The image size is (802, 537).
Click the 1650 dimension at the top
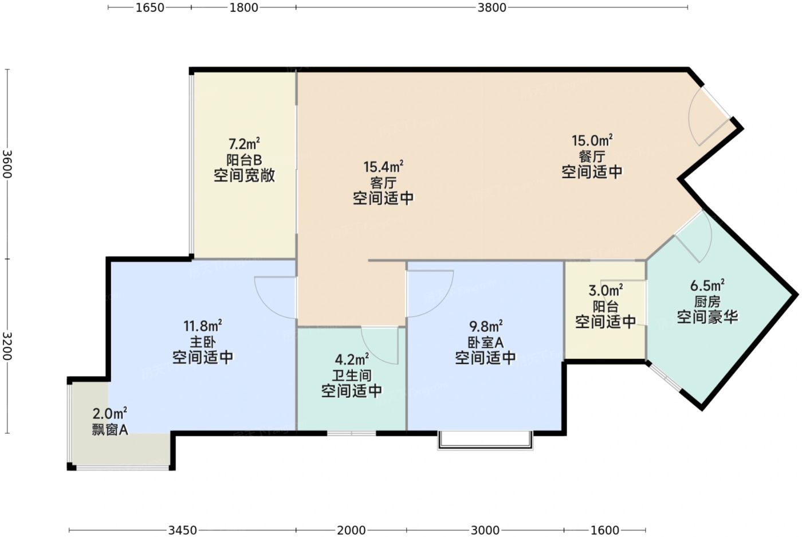pyautogui.click(x=150, y=7)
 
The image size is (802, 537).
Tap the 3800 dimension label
pyautogui.click(x=492, y=7)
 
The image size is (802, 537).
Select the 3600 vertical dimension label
pyautogui.click(x=7, y=164)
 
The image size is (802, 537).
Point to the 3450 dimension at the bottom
pyautogui.click(x=183, y=530)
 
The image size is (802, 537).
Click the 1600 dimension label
pyautogui.click(x=605, y=530)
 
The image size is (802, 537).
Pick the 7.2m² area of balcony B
pyautogui.click(x=244, y=144)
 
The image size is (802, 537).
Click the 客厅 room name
pyautogui.click(x=383, y=183)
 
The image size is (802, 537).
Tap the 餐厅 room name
pyautogui.click(x=592, y=156)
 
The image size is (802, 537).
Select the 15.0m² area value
pyautogui.click(x=592, y=140)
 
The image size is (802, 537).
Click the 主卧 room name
pyautogui.click(x=203, y=342)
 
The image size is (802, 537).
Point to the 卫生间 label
pyautogui.click(x=352, y=375)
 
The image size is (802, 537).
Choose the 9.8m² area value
pyautogui.click(x=486, y=326)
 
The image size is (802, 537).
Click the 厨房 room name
pyautogui.click(x=707, y=301)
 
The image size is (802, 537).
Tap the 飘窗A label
pyautogui.click(x=110, y=429)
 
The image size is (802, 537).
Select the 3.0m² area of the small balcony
pyautogui.click(x=606, y=290)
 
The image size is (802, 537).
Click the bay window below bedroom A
pyautogui.click(x=485, y=440)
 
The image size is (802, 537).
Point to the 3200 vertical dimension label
pyautogui.click(x=7, y=346)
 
